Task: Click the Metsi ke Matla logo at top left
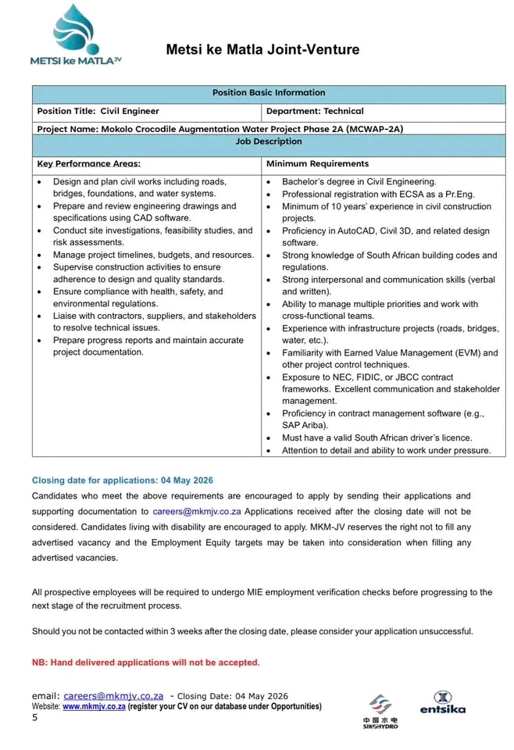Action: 76,34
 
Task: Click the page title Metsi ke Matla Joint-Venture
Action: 262,50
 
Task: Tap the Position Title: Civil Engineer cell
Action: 98,111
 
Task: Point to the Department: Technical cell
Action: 315,111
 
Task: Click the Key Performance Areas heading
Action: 89,164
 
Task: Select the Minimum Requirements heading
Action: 317,164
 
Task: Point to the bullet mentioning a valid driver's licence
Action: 377,437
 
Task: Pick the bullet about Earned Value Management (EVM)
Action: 389,359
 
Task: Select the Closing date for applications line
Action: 123,480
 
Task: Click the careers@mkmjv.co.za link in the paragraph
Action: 197,511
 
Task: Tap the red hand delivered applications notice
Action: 145,662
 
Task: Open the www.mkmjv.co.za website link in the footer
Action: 94,706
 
